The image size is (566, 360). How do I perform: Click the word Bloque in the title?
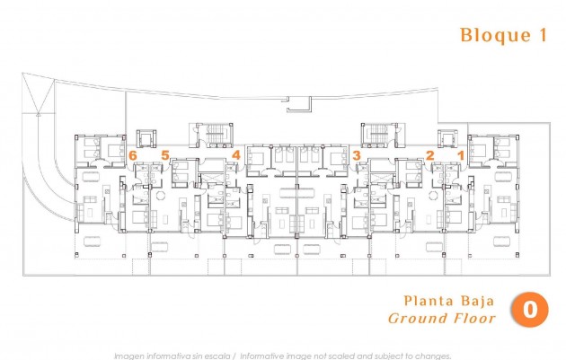point(485,36)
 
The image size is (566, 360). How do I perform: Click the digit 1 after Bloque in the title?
point(541,36)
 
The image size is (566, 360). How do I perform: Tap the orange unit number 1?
point(462,155)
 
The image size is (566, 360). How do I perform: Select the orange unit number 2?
point(430,155)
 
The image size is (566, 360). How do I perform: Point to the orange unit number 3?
point(358,155)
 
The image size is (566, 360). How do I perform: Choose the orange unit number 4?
point(235,155)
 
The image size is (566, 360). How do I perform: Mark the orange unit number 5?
point(164,155)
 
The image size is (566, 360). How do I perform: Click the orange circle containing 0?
point(530,310)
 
